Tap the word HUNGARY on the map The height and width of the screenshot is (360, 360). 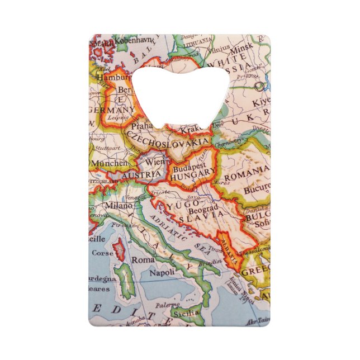click(193, 174)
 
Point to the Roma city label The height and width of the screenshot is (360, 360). click(142, 260)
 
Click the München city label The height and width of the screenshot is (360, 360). click(110, 163)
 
